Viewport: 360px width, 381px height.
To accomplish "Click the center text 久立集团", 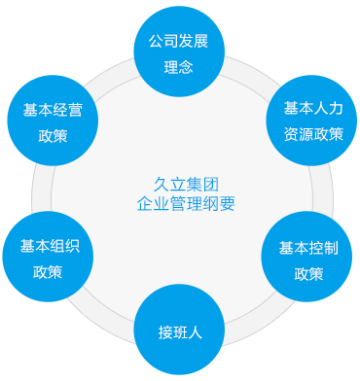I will [x=180, y=186].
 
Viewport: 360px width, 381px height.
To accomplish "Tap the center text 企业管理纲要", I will [x=180, y=204].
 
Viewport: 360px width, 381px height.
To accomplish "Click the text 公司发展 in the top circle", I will [x=179, y=43].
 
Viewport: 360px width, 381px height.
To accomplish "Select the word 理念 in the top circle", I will [x=179, y=67].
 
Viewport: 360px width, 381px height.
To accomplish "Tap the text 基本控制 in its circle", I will [x=308, y=248].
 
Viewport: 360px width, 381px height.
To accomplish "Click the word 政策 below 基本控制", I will [x=308, y=272].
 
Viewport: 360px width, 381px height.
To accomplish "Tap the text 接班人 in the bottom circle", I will [x=179, y=332].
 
